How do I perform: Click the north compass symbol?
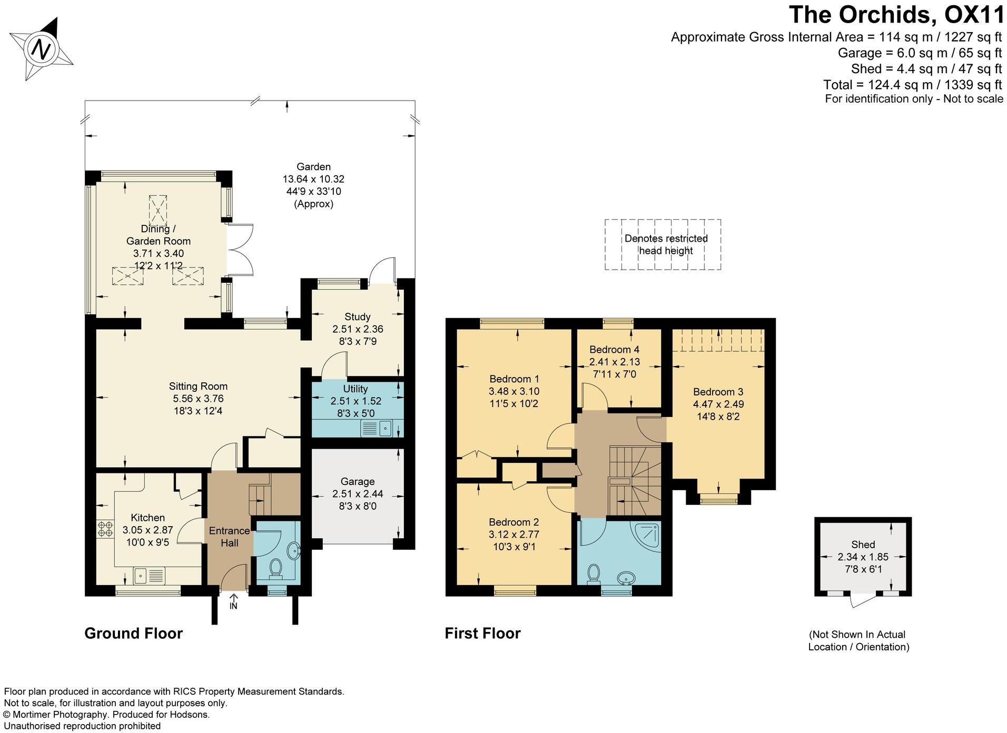pyautogui.click(x=42, y=49)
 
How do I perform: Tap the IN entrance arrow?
pyautogui.click(x=233, y=598)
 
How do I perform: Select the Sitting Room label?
pyautogui.click(x=198, y=386)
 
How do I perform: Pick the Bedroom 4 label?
pyautogui.click(x=614, y=349)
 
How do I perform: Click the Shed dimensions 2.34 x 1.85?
pyautogui.click(x=863, y=557)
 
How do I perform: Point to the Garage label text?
pyautogui.click(x=358, y=481)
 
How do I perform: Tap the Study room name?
pyautogui.click(x=358, y=316)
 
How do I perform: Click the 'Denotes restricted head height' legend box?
pyautogui.click(x=663, y=245)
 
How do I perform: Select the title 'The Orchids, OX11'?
pyautogui.click(x=897, y=14)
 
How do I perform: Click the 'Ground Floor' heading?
pyautogui.click(x=134, y=633)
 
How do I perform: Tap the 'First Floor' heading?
pyautogui.click(x=482, y=633)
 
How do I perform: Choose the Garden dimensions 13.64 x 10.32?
pyautogui.click(x=313, y=179)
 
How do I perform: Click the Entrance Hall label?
pyautogui.click(x=229, y=537)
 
